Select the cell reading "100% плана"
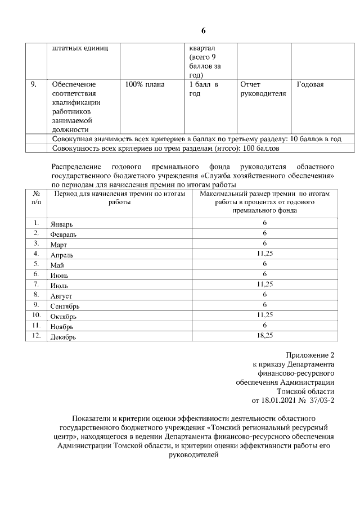[x=145, y=84]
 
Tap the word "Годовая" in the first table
[x=310, y=84]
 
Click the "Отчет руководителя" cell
[x=263, y=89]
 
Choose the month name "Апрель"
[x=62, y=255]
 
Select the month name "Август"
[x=61, y=295]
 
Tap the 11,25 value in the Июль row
[x=264, y=285]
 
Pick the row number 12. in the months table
[x=36, y=335]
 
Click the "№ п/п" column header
[x=36, y=197]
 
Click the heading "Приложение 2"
[x=310, y=355]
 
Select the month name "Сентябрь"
[x=65, y=305]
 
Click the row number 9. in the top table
[x=34, y=84]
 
